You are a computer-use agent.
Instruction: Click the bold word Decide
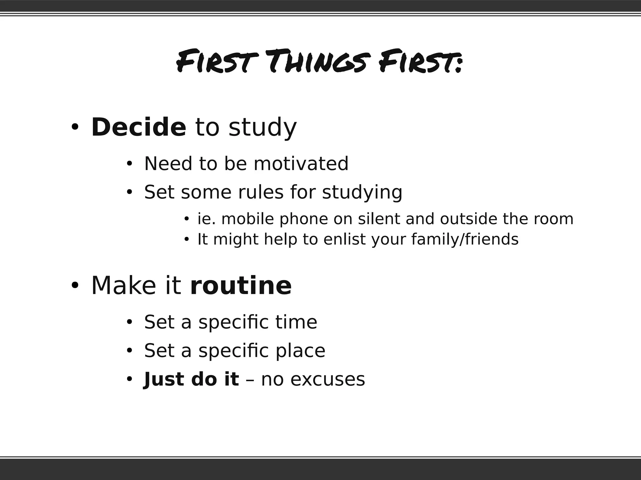coord(139,127)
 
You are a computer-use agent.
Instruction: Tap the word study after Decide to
coord(262,127)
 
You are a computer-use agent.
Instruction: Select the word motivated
coord(301,163)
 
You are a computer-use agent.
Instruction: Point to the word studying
coord(362,192)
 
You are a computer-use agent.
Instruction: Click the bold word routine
coord(241,286)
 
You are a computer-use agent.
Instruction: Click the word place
coord(300,351)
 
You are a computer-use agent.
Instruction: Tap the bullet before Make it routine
coord(74,286)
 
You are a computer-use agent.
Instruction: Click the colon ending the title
coord(458,65)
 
